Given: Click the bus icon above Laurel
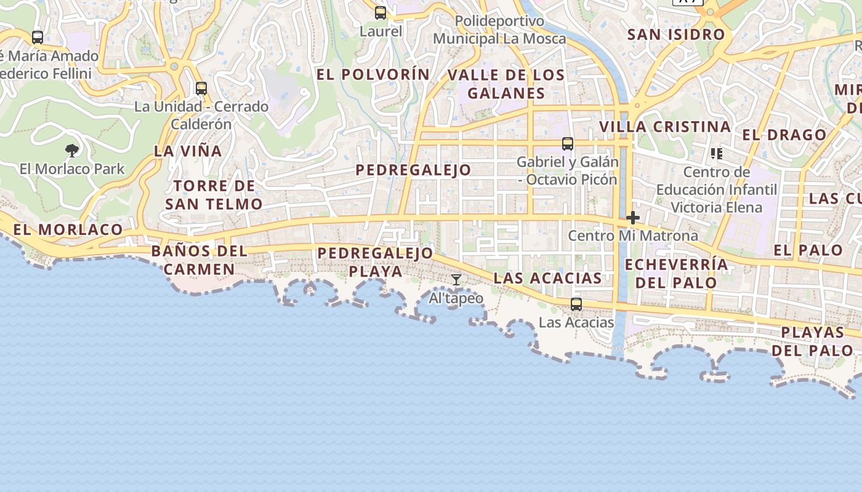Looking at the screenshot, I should click(381, 12).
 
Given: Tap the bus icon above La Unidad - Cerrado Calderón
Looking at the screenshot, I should click(201, 88).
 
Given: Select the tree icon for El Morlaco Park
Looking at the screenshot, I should click(72, 150).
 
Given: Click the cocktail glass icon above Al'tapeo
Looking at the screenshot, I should click(456, 280).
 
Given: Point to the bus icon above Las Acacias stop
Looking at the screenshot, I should click(576, 304).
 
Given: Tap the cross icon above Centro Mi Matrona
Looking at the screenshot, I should click(633, 218).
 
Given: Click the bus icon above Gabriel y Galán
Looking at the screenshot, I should click(568, 144).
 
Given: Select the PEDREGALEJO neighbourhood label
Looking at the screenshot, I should click(414, 170).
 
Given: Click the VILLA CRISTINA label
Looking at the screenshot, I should click(665, 127).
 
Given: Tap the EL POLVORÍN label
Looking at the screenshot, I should click(373, 74).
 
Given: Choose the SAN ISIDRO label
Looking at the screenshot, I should click(676, 34).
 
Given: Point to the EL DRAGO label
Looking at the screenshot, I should click(784, 135).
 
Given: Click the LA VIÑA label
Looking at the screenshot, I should click(188, 151).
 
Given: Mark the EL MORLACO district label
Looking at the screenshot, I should click(68, 229).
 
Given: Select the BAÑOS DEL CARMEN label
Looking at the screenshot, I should click(199, 260).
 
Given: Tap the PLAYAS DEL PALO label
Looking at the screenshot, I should click(813, 341).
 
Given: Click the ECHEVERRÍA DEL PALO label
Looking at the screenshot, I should click(676, 274).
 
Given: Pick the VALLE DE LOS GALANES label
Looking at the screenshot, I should click(506, 84).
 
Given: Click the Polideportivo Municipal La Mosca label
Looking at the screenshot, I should click(499, 30).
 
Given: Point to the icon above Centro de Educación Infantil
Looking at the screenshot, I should click(716, 153).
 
